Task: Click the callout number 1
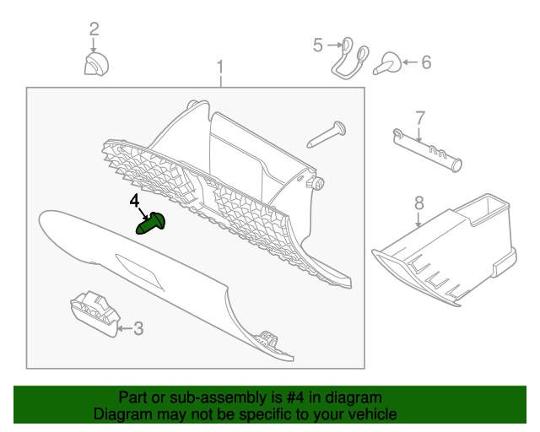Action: pyautogui.click(x=221, y=66)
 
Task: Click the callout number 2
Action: pyautogui.click(x=94, y=30)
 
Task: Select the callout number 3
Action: pyautogui.click(x=138, y=327)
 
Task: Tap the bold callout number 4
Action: pyautogui.click(x=135, y=202)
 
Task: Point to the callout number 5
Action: pyautogui.click(x=318, y=45)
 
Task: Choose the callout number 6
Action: pyautogui.click(x=426, y=62)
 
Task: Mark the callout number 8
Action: pyautogui.click(x=418, y=202)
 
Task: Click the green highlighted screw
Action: pyautogui.click(x=152, y=224)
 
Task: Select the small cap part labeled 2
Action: pyautogui.click(x=94, y=66)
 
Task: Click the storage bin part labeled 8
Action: pyautogui.click(x=447, y=249)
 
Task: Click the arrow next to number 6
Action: pyautogui.click(x=410, y=62)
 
